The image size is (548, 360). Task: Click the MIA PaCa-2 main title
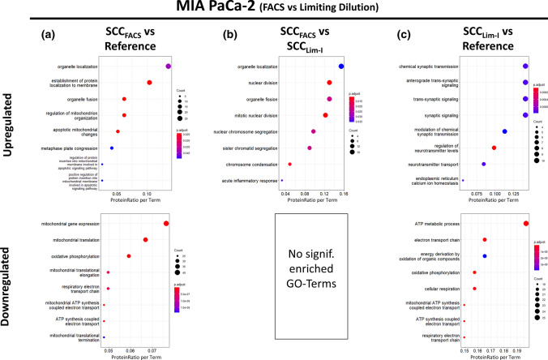274,11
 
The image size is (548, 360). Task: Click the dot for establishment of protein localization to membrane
149,83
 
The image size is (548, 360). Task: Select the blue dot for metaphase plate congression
112,148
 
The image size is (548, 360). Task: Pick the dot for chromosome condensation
289,165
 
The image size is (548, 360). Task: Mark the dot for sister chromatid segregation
309,148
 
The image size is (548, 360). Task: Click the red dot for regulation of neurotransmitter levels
494,148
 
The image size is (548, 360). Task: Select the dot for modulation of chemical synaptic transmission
504,131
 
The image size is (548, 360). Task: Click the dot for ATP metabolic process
526,224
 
